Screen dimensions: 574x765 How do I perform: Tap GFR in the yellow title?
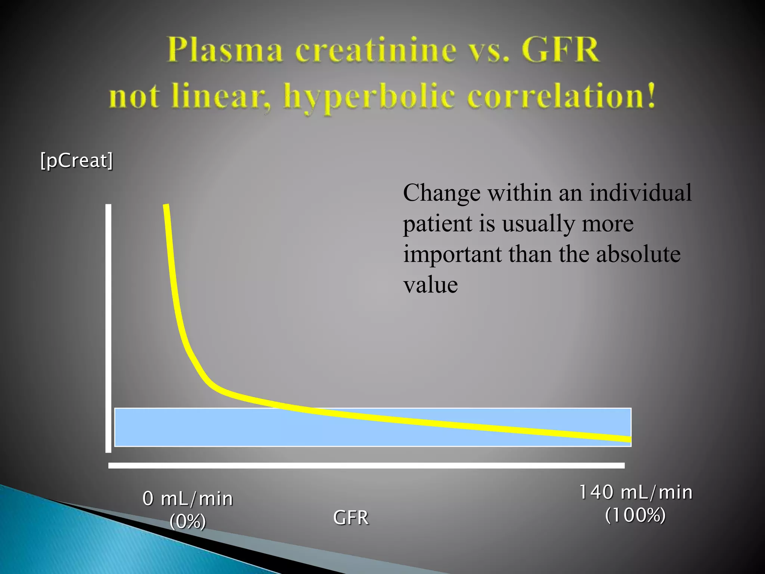click(560, 50)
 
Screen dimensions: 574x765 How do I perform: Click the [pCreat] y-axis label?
click(77, 160)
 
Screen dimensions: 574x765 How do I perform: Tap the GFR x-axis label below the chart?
click(351, 518)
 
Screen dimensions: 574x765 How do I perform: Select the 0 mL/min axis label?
click(188, 499)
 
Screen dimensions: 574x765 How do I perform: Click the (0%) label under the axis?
click(188, 521)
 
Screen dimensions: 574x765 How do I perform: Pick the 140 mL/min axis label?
click(635, 492)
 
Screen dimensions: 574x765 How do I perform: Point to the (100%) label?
click(635, 515)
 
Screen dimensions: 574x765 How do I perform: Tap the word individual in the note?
click(640, 193)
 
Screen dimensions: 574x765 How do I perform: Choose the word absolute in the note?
click(638, 254)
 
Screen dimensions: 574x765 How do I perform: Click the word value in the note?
click(430, 285)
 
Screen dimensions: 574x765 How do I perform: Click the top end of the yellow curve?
click(166, 207)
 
